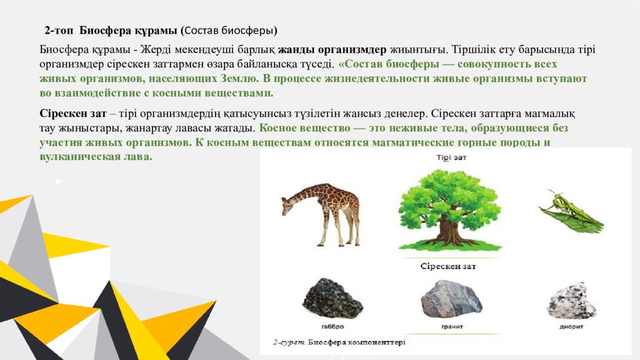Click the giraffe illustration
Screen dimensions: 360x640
(x=322, y=212)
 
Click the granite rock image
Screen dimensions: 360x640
(x=451, y=298)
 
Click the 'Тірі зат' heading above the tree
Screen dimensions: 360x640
(x=451, y=158)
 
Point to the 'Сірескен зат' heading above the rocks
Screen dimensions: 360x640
(x=448, y=266)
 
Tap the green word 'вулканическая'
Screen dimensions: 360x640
(x=74, y=156)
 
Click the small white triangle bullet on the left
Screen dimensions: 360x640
(x=58, y=181)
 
